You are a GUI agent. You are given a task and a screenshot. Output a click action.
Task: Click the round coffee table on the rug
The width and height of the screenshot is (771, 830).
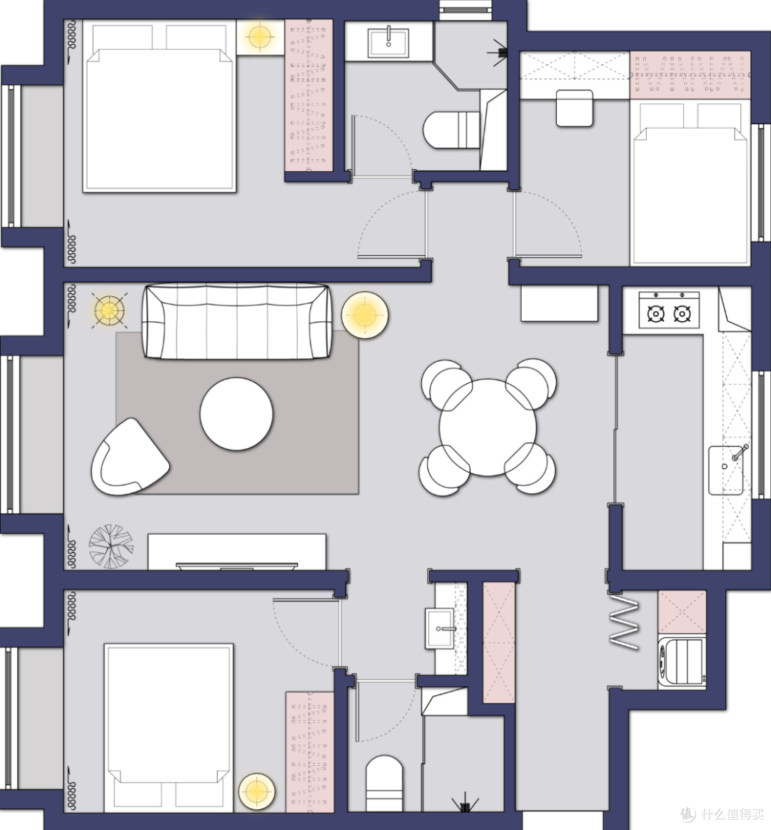237,414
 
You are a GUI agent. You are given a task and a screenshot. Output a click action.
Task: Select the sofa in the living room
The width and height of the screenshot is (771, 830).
237,322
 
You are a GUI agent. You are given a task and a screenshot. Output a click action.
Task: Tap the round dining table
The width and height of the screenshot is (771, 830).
488,427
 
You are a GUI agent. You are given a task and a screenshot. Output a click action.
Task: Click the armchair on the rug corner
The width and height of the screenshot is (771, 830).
129,457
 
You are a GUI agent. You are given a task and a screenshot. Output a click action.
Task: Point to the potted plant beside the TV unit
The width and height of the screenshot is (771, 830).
111,546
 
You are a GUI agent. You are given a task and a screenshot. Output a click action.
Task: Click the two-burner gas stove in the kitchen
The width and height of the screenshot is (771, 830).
669,310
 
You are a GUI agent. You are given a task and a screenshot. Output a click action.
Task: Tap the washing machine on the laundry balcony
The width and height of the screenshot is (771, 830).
682,663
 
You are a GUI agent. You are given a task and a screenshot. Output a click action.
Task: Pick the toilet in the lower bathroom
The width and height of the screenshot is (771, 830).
385,784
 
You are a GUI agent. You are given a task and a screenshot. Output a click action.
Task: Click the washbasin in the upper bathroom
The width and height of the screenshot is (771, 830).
388,42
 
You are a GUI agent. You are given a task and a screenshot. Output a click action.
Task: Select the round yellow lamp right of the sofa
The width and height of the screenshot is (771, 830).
365,315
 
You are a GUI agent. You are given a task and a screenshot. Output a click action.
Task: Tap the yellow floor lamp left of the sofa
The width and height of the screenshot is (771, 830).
109,310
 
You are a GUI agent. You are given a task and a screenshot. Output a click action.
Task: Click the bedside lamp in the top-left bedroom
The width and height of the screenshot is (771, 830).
259,37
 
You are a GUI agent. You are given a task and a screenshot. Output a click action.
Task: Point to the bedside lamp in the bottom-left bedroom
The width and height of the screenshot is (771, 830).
257,791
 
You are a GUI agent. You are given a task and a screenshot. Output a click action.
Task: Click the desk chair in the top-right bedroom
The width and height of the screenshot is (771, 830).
575,108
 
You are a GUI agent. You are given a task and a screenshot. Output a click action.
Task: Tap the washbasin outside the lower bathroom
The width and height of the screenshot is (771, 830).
440,628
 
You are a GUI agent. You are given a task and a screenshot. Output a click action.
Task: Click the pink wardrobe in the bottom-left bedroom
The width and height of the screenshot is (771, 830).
310,751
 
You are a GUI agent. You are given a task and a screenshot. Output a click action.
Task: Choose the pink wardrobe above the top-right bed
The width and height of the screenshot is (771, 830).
690,75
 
